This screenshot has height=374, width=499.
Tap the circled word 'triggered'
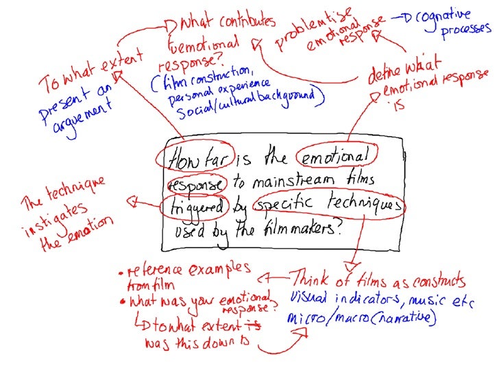pyautogui.click(x=193, y=207)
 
